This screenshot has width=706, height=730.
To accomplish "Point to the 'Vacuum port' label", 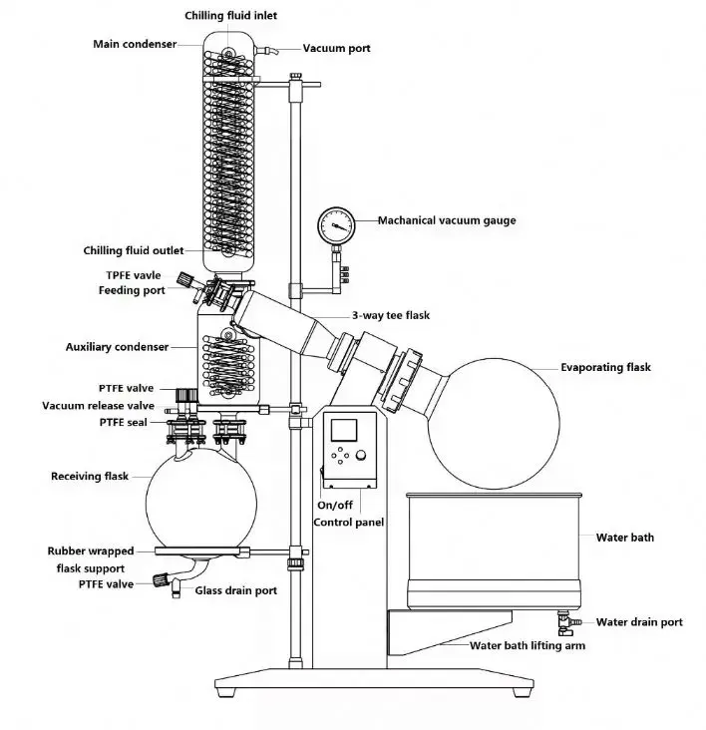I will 338,49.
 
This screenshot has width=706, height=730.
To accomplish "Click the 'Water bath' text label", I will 625,538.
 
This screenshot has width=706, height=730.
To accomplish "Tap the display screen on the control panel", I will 343,431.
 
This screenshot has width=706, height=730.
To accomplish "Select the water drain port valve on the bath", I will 563,621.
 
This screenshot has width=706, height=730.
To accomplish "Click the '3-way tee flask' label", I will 389,315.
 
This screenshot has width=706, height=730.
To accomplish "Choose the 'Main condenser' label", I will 135,44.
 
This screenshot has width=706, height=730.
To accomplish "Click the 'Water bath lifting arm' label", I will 528,645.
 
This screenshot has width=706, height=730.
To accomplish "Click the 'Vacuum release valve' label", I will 98,406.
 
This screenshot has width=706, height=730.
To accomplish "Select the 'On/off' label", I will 333,506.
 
